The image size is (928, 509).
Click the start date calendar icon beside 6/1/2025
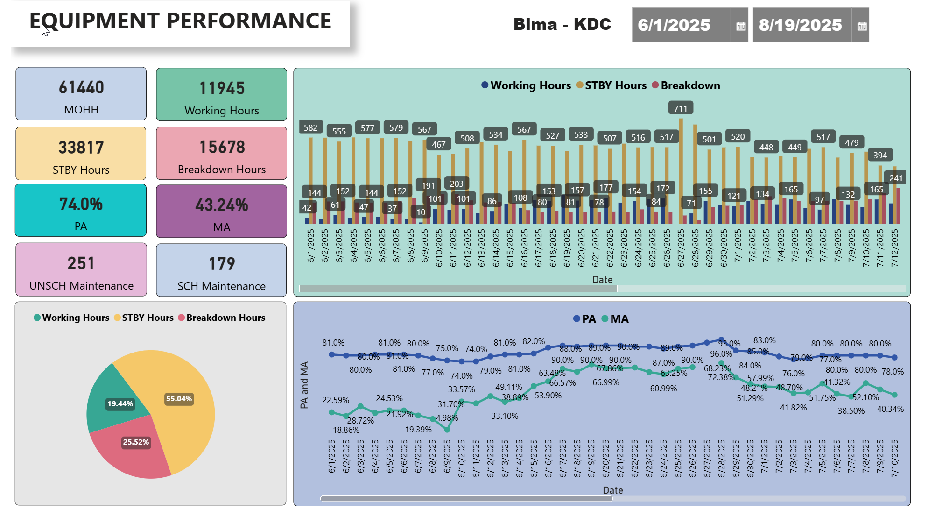click(x=740, y=26)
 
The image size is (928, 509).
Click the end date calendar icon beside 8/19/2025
click(x=862, y=26)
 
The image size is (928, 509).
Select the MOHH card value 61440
click(x=81, y=87)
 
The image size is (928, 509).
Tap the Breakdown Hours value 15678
click(x=222, y=147)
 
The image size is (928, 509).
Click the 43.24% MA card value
click(x=222, y=205)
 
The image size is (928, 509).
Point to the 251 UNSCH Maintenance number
click(x=81, y=263)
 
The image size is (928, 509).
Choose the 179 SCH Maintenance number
click(x=222, y=264)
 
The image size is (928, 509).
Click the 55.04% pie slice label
click(x=179, y=399)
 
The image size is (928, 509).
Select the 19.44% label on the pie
click(x=120, y=404)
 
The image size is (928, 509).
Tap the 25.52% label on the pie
click(x=136, y=442)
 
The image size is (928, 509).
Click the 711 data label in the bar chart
click(x=681, y=108)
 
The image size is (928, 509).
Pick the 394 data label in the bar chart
click(x=880, y=155)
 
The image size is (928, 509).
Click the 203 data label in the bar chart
click(x=457, y=184)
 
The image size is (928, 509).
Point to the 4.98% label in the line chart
click(x=447, y=418)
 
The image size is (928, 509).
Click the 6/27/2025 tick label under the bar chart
click(x=681, y=248)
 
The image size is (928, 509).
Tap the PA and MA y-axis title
click(x=304, y=385)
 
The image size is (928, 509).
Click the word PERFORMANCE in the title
click(x=249, y=21)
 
